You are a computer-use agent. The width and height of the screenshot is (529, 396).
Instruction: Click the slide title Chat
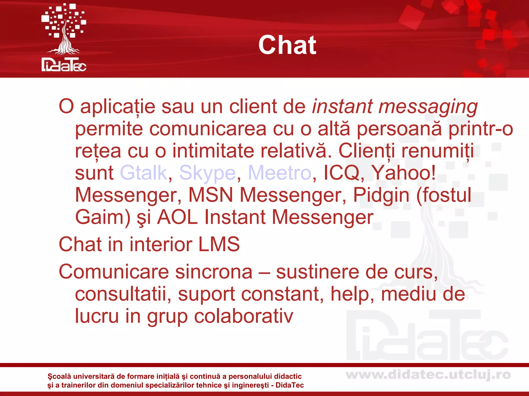287,45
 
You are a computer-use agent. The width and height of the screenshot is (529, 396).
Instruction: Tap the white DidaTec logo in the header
64,38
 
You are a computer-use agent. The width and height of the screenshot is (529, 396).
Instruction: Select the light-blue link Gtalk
144,173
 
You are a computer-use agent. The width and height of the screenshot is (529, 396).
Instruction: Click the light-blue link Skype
207,173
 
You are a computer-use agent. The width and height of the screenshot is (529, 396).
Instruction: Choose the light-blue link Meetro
280,173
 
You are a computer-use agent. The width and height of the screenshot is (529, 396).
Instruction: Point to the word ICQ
341,173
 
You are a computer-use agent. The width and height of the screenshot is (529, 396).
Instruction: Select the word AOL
177,217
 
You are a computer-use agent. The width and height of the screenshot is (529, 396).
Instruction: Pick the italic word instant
342,106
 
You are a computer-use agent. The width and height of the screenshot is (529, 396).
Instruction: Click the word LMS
219,244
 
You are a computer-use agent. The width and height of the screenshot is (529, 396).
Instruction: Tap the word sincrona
214,272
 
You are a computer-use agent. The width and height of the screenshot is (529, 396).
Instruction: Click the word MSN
211,195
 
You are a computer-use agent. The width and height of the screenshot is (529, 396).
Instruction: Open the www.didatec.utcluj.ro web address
428,375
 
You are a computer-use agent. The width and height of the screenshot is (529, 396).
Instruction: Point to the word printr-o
480,129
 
